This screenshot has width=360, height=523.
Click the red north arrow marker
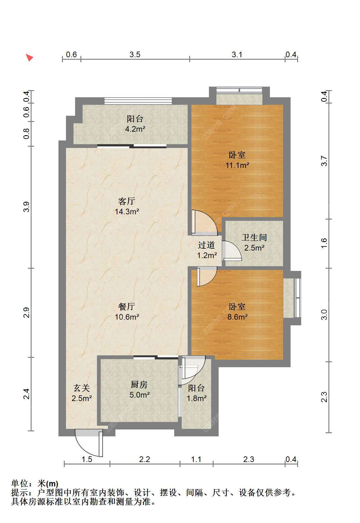(x=29, y=57)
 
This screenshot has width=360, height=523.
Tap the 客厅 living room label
(x=127, y=201)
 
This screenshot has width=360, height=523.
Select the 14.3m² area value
(x=127, y=211)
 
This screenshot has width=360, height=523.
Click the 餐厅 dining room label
(x=127, y=307)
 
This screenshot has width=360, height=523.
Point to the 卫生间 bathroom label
(x=254, y=237)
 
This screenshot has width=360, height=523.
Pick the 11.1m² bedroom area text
(x=237, y=165)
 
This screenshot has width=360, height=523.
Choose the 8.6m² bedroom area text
(x=237, y=317)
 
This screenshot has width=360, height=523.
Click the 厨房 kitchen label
(x=139, y=384)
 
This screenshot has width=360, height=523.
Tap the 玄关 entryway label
(x=82, y=388)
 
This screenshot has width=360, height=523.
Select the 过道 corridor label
(x=206, y=245)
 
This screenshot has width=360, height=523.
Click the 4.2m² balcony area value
(x=135, y=129)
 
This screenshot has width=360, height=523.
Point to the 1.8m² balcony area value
(x=196, y=398)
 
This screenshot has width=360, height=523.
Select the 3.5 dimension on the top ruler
(x=135, y=55)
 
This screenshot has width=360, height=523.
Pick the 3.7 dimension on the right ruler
(x=324, y=161)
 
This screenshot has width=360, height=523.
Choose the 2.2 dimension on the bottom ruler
(x=145, y=460)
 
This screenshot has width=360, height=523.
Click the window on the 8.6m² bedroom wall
(x=297, y=298)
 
